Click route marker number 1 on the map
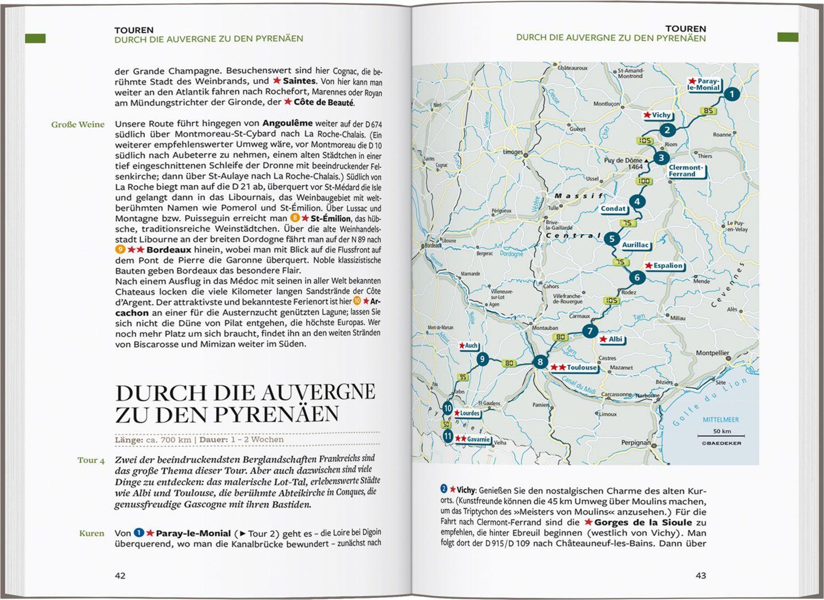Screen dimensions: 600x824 pos(732,94)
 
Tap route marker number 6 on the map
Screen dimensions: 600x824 pos(637,278)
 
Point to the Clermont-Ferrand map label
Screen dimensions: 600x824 pos(686,171)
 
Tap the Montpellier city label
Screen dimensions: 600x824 pos(712,353)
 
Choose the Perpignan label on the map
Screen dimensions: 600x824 pos(636,443)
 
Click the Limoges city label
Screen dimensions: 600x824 pos(513,152)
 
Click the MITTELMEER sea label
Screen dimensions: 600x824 pos(720,420)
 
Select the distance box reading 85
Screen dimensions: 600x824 pos(708,111)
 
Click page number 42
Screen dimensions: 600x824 pos(120,576)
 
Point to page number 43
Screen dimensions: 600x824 pos(700,575)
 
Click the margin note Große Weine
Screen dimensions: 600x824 pos(78,125)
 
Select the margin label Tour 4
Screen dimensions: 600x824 pos(91,460)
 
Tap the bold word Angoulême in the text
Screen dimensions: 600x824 pos(287,123)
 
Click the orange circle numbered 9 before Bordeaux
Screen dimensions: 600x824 pos(120,249)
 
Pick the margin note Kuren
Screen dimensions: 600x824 pos(92,533)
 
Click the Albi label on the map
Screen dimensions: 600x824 pos(615,339)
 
